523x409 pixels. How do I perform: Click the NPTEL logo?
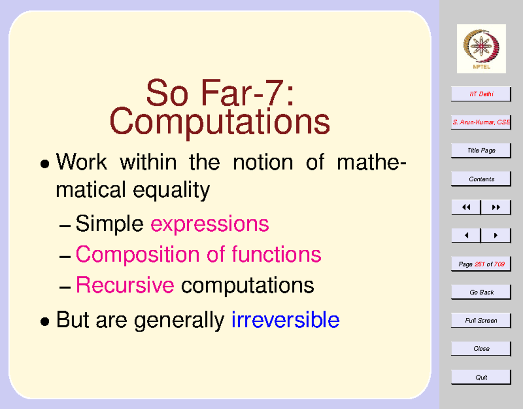tap(481, 48)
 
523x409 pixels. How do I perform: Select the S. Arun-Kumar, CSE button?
tap(481, 123)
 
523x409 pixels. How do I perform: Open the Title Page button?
tap(481, 150)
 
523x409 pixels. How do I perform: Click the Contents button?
tap(481, 179)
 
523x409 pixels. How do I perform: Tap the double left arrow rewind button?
tap(466, 208)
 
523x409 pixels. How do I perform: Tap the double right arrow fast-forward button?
tap(496, 208)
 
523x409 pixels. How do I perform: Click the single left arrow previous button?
tap(466, 235)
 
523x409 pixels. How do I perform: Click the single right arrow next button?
tap(496, 235)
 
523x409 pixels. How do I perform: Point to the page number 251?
tap(479, 264)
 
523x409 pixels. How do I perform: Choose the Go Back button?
tap(481, 292)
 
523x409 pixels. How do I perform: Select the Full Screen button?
tap(481, 320)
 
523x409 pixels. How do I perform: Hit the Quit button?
tap(481, 377)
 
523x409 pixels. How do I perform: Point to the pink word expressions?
tap(210, 224)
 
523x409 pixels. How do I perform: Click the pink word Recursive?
tap(125, 285)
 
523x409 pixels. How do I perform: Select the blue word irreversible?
tap(285, 320)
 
